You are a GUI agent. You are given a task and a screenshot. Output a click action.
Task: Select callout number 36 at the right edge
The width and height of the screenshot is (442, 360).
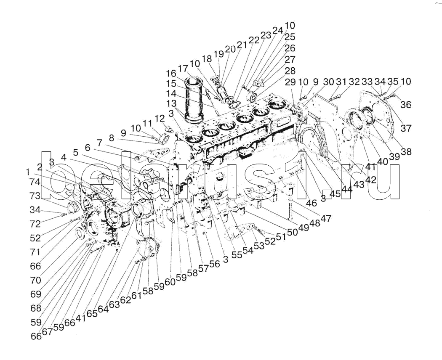tap(405, 105)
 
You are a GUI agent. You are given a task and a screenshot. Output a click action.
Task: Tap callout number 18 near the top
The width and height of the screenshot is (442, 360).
tap(207, 59)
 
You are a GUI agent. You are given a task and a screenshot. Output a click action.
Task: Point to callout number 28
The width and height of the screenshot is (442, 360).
tap(290, 71)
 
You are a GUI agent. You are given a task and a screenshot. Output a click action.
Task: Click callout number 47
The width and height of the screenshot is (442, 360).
tap(326, 218)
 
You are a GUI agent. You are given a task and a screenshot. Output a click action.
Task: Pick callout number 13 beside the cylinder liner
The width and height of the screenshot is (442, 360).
tap(171, 103)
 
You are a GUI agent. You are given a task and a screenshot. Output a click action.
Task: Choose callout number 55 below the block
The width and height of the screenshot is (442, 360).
tap(237, 255)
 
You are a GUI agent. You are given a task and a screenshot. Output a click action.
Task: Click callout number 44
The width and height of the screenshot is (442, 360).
tap(347, 189)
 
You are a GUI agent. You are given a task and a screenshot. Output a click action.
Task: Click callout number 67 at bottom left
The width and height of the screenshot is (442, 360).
tap(47, 332)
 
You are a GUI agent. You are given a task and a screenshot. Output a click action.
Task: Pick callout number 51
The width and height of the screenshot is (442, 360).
tap(280, 236)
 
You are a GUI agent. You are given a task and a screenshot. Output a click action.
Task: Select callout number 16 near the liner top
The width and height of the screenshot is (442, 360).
tap(170, 73)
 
